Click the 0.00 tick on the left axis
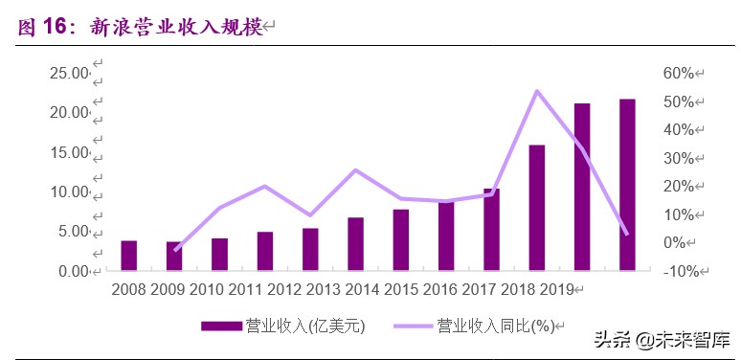coord(71,271)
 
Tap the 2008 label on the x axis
coord(128,288)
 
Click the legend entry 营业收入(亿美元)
coord(306,326)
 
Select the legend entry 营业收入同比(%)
coord(495,326)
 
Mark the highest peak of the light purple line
coord(537,91)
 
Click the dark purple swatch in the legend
coord(222,326)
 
